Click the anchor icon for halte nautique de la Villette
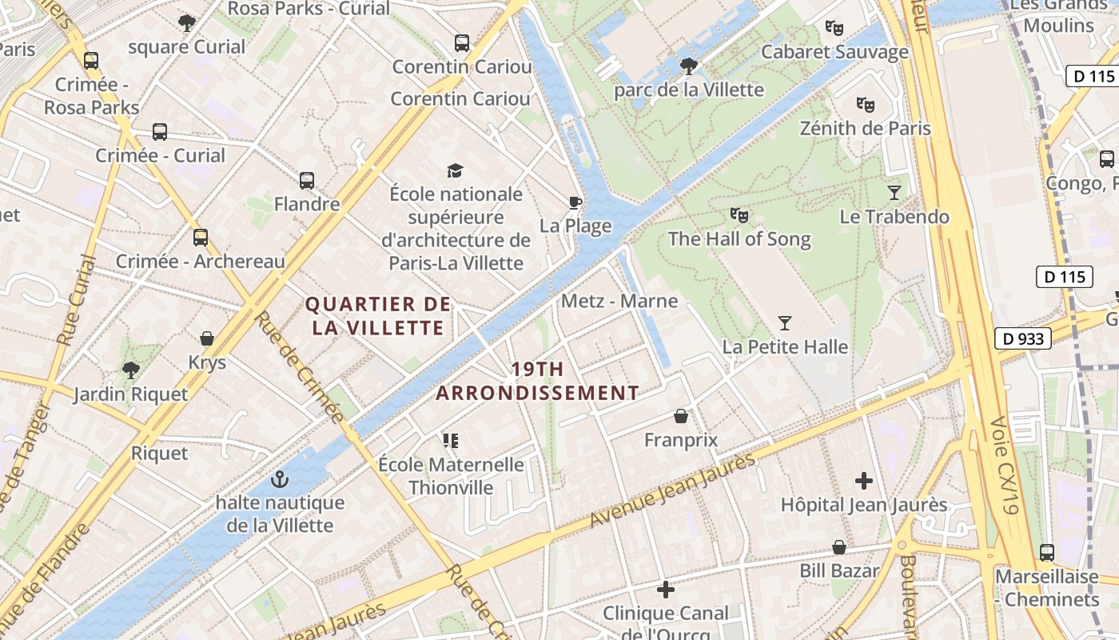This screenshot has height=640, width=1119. pyautogui.click(x=279, y=479)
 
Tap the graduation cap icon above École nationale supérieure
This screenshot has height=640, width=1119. pyautogui.click(x=455, y=170)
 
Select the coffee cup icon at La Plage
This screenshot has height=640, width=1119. pyautogui.click(x=575, y=202)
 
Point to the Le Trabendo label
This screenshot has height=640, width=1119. pyautogui.click(x=894, y=217)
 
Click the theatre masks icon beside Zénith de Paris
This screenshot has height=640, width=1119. pyautogui.click(x=865, y=104)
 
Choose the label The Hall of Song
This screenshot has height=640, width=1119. pyautogui.click(x=739, y=238)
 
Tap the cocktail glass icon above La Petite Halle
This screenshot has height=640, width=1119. pyautogui.click(x=785, y=323)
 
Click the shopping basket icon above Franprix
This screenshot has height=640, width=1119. pyautogui.click(x=681, y=416)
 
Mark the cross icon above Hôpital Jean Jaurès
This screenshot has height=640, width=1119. pyautogui.click(x=863, y=481)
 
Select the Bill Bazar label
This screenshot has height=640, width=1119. pyautogui.click(x=839, y=570)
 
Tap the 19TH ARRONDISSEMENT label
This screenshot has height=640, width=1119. pyautogui.click(x=537, y=381)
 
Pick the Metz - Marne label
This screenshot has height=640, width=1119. pyautogui.click(x=619, y=301)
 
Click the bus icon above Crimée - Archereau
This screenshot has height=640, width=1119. pyautogui.click(x=200, y=238)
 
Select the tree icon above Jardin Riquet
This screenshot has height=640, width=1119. pyautogui.click(x=130, y=370)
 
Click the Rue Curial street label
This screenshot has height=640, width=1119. pyautogui.click(x=77, y=300)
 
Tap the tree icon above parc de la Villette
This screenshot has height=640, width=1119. pyautogui.click(x=688, y=66)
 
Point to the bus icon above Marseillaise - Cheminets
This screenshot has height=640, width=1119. pyautogui.click(x=1046, y=552)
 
